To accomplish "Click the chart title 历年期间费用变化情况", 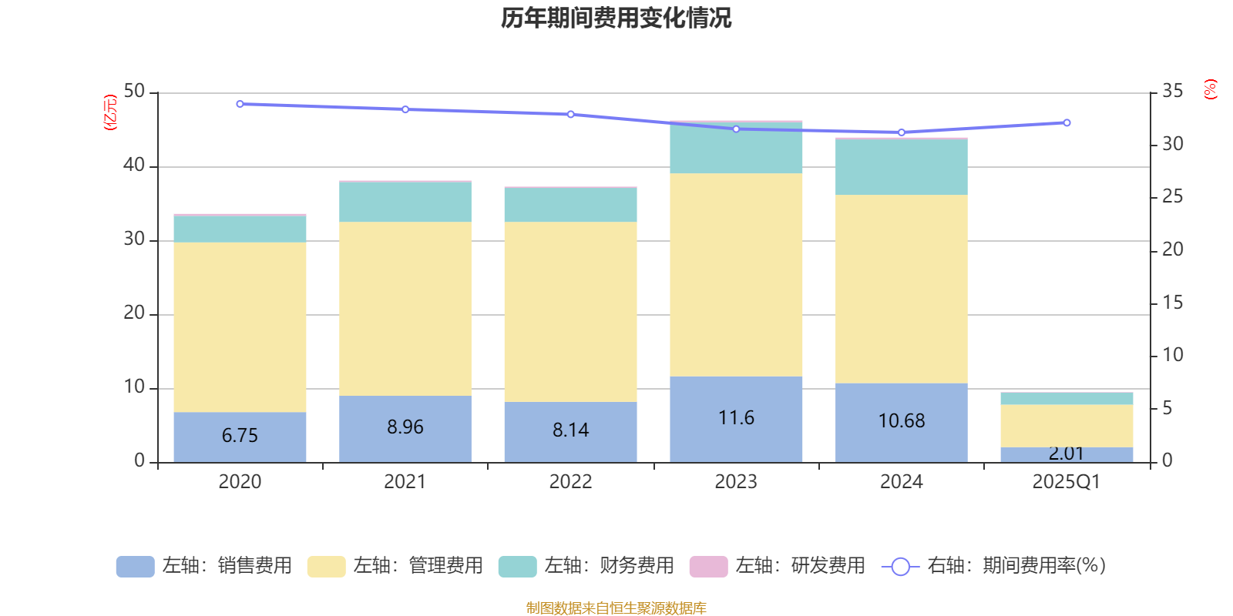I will pos(616,18).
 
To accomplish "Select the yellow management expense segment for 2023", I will pos(736,274).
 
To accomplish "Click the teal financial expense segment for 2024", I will pos(902,167).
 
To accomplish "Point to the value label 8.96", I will pos(405,427).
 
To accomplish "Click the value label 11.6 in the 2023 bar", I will pos(736,417).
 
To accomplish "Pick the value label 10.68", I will pos(902,420).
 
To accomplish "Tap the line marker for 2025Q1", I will pos(1067,122).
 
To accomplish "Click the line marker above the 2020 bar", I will pos(240,104).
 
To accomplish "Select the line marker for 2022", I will pos(570,114).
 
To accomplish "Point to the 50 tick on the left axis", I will pos(134,92).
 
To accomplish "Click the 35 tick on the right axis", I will pos(1172,92).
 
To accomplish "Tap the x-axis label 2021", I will pos(405,482).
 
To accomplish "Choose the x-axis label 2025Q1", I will pos(1067,482).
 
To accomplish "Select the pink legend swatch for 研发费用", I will pos(708,567).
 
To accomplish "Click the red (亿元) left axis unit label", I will pos(110,112).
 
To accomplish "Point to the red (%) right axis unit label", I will pos(1210,89).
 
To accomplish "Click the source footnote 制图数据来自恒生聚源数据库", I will pos(616,608).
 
